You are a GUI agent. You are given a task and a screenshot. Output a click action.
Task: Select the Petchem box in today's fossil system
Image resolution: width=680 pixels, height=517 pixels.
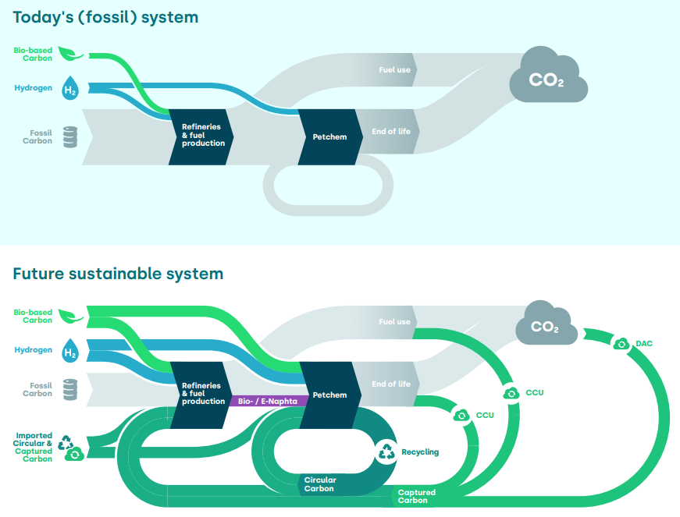[x=329, y=137]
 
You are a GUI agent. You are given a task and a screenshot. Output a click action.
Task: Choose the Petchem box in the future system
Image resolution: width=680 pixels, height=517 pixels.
[x=329, y=395]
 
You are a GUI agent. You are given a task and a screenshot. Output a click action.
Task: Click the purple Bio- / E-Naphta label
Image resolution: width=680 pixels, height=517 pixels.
[x=267, y=401]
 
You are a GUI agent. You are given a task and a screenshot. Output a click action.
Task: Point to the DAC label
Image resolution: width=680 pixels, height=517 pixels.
[x=645, y=343]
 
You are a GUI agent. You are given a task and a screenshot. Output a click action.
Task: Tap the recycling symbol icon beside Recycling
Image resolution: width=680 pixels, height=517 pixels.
[x=387, y=451]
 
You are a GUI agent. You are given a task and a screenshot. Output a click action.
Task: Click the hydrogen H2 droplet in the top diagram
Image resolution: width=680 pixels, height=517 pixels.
[x=70, y=89]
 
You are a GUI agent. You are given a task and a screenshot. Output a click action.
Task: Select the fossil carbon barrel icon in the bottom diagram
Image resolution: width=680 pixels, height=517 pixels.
[x=70, y=389]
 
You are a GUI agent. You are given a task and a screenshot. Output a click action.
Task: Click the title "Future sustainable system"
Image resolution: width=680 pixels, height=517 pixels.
[x=118, y=274]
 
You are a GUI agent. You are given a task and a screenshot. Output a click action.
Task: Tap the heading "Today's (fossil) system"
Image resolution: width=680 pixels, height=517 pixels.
[x=105, y=16]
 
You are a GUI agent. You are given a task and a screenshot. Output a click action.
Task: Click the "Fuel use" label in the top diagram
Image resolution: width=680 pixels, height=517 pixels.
[x=394, y=70]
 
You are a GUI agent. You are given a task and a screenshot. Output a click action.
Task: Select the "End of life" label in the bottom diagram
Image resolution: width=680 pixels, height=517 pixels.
[x=391, y=384]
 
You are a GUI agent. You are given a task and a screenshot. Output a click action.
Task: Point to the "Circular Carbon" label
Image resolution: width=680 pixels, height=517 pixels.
[x=320, y=484]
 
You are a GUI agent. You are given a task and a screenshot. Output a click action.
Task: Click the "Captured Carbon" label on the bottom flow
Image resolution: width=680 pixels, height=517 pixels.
[x=417, y=497]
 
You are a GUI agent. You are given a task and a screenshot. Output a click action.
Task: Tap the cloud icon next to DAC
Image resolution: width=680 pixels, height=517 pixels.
[x=621, y=343]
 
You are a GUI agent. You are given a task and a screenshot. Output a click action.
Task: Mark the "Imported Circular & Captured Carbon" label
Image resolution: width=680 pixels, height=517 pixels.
[x=34, y=448]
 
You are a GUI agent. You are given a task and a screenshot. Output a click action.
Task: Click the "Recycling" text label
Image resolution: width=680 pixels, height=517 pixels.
[x=420, y=452]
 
